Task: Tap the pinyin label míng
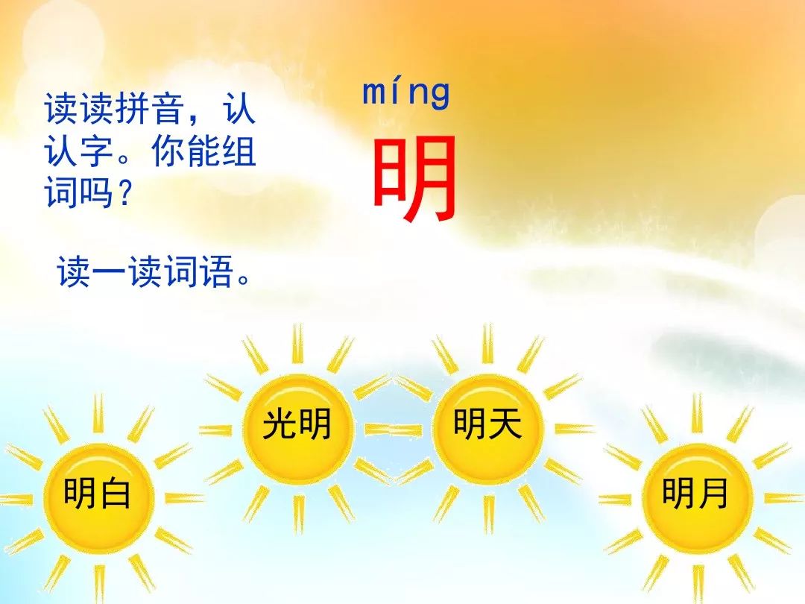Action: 405,94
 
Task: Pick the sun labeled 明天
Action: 487,427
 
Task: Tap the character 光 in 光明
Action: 280,424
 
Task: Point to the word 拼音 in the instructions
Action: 149,108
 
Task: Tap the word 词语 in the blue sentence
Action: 199,271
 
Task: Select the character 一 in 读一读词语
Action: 110,271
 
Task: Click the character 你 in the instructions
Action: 168,151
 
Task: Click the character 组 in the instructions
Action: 239,151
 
